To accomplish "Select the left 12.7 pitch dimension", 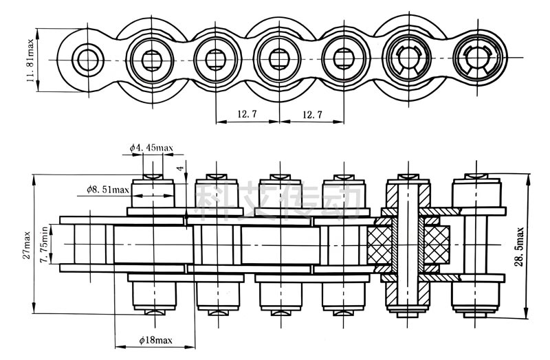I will point(247,114).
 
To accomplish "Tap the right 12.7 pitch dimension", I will point(311,114).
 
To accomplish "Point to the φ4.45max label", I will point(152,147).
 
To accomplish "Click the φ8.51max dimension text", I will point(108,189).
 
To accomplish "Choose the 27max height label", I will point(27,245).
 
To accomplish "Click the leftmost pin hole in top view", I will point(87,59).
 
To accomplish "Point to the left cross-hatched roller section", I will point(380,245).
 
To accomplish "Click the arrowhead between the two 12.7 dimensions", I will point(279,123).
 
